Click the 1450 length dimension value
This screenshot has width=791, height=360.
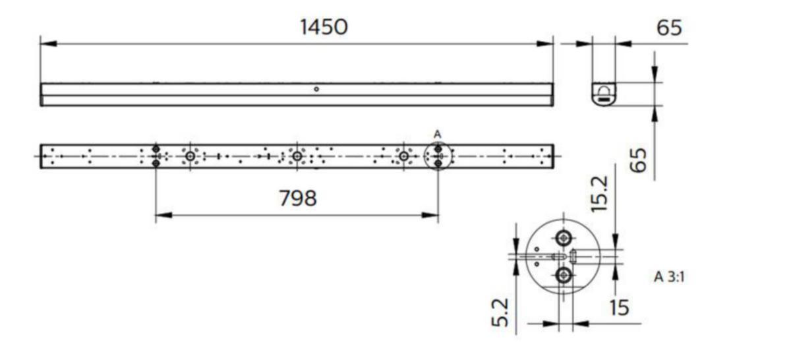pos(324,27)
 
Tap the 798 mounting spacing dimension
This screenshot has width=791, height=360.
pos(298,198)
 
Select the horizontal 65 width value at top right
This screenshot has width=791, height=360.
pos(669,28)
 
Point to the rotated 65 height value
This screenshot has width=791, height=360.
pos(639,160)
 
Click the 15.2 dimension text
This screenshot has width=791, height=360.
pos(600,194)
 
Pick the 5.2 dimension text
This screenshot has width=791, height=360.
pos(500,313)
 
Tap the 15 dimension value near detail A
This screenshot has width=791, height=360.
pos(620,308)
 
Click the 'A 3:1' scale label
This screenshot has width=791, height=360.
pos(669,277)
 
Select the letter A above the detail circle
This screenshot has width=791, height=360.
pos(437,135)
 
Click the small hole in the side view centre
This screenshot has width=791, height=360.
pos(316,89)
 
